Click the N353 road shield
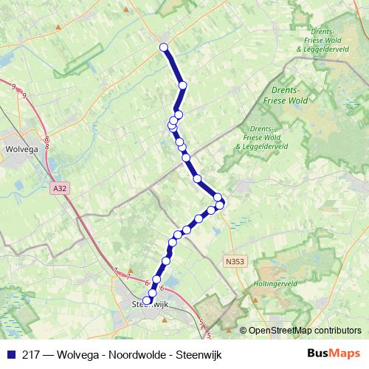235,261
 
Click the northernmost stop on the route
164,48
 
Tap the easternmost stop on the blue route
220,203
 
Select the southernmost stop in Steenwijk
146,300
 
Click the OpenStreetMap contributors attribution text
306,331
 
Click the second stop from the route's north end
182,86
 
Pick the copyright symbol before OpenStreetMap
243,331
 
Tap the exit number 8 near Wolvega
46,139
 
